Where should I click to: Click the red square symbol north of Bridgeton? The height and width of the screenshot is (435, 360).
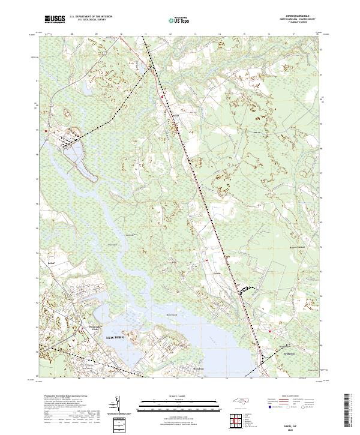click(x=271, y=331)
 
